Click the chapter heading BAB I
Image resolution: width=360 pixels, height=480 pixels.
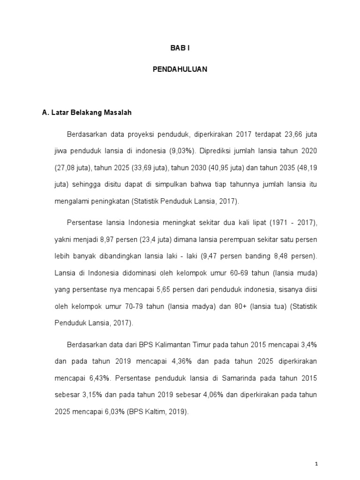click(x=180, y=48)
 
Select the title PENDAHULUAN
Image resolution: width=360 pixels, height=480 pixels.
click(x=180, y=69)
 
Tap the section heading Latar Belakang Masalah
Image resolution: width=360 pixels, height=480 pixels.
click(x=87, y=112)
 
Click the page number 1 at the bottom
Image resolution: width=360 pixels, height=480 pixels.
click(x=317, y=464)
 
